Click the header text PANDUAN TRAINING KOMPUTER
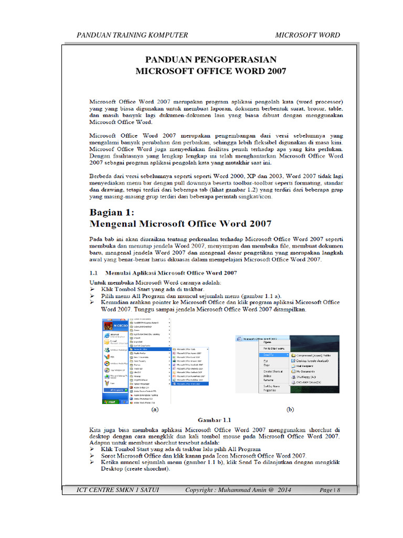132,35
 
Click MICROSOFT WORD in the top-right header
307,35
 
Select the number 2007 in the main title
276,71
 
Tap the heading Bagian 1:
112,212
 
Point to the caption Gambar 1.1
214,420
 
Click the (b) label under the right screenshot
289,409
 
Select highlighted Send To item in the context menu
268,355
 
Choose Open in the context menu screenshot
268,342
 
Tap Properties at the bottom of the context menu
270,390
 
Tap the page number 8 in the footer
339,490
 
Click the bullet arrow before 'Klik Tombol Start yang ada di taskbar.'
92,289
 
